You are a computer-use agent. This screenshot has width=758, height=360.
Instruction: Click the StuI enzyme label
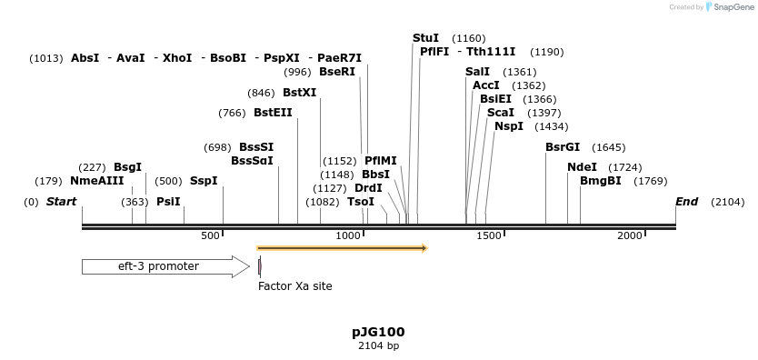[x=425, y=38]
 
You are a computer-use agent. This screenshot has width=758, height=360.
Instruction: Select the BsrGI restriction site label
[x=562, y=147]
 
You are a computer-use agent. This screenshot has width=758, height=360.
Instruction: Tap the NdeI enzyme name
[x=582, y=167]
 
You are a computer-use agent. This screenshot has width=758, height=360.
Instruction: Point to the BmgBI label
[x=600, y=181]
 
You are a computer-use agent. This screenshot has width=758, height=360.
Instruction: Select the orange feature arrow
[x=342, y=247]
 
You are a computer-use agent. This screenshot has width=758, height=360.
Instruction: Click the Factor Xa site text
[x=295, y=286]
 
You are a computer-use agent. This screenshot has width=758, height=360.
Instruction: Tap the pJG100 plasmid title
[x=378, y=332]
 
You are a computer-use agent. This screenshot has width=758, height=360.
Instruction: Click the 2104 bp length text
[x=378, y=346]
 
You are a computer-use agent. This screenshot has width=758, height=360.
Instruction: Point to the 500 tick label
[x=211, y=235]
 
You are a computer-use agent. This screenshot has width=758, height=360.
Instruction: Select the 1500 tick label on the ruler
[x=490, y=235]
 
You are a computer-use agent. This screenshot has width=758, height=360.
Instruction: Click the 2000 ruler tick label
[x=630, y=235]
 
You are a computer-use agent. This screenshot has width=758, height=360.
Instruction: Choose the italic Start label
[x=61, y=202]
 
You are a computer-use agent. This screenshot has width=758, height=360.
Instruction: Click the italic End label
[x=686, y=202]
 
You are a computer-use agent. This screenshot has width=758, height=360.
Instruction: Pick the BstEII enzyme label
[x=273, y=113]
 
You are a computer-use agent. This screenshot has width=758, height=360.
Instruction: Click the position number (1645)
[x=608, y=147]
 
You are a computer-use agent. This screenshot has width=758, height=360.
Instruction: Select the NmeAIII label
[x=96, y=181]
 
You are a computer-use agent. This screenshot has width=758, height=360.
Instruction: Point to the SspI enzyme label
[x=204, y=181]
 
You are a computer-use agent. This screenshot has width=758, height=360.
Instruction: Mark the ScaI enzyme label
[x=501, y=113]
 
